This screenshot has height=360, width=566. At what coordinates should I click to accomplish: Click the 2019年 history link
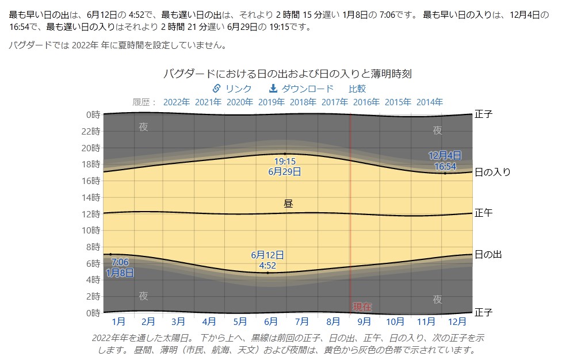(x=271, y=102)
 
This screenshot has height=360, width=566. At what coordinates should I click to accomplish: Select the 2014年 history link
(x=429, y=102)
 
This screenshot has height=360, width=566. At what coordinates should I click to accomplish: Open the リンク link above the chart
(x=232, y=89)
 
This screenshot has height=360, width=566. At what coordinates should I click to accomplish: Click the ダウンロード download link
(x=301, y=89)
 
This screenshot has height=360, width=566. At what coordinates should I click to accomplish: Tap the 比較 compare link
(x=357, y=89)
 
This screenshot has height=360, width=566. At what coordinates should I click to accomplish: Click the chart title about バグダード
(x=287, y=74)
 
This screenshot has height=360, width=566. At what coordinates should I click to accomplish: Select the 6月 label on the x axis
(x=270, y=321)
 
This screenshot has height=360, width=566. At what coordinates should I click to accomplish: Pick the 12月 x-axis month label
(x=457, y=321)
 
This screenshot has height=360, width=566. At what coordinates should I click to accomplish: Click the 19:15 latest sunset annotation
(x=285, y=162)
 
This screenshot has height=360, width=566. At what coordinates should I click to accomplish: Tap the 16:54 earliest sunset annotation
(x=445, y=166)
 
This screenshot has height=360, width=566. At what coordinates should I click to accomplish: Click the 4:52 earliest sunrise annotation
(x=267, y=265)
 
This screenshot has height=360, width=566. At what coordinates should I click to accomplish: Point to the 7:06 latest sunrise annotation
(x=120, y=262)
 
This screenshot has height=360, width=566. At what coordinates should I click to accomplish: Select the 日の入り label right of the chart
(x=492, y=172)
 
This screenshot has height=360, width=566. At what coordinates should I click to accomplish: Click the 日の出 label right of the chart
(x=488, y=254)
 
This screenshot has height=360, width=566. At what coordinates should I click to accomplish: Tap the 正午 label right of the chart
(x=483, y=213)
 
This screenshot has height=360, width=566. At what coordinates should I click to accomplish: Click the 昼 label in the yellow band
(x=288, y=204)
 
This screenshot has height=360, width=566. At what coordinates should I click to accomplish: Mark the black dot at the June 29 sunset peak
(x=285, y=154)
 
